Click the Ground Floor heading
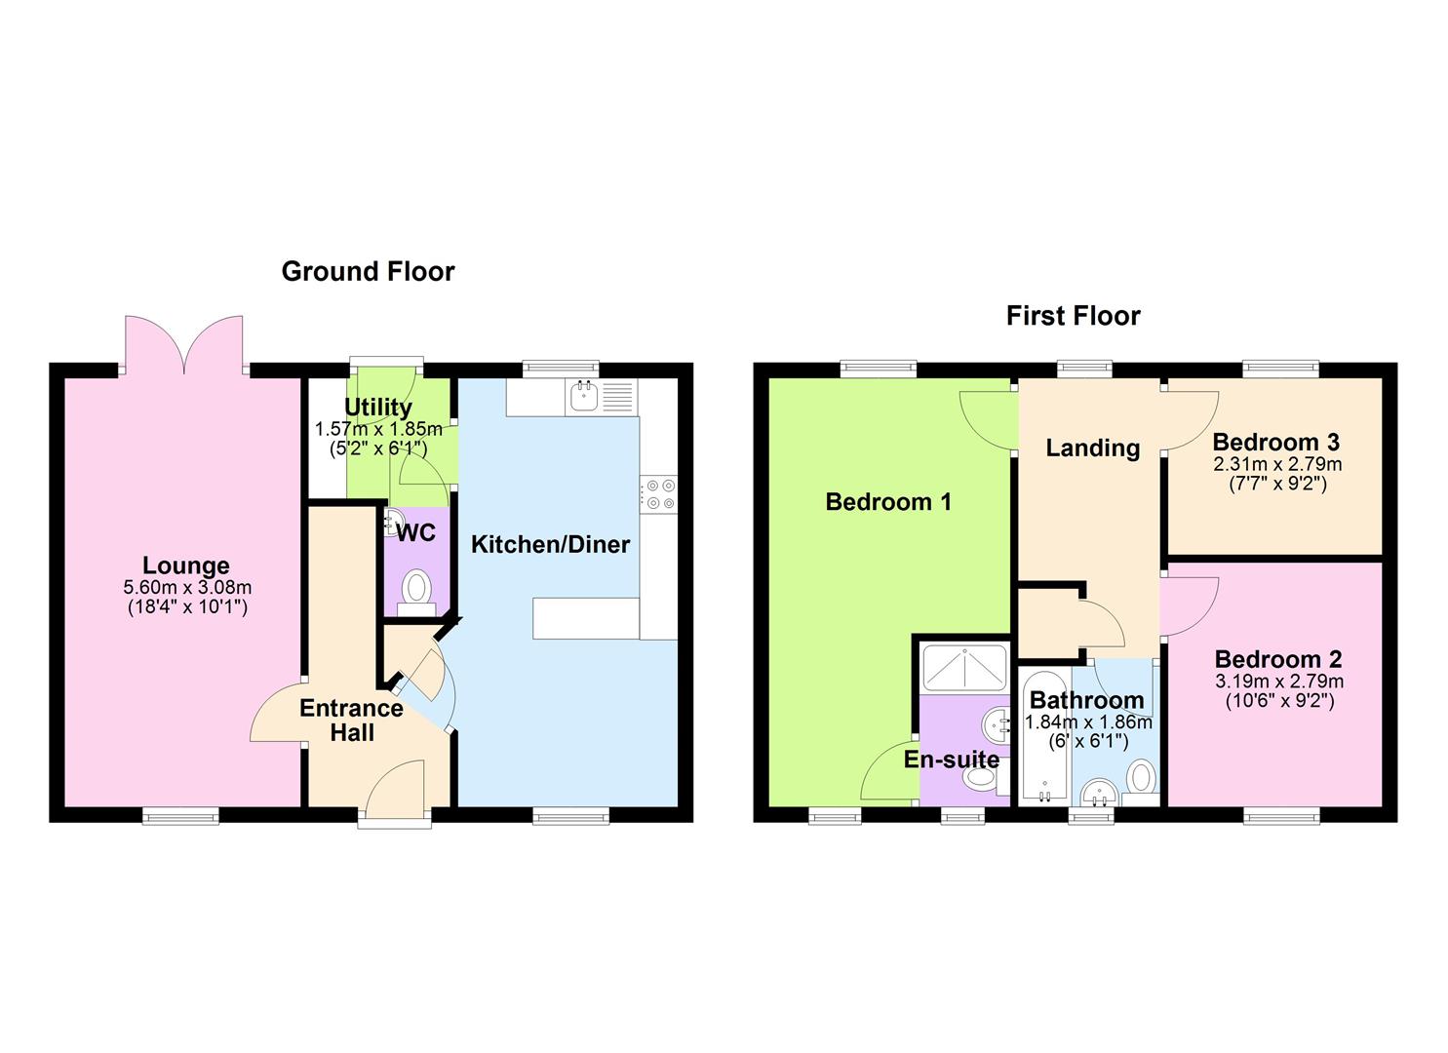pyautogui.click(x=368, y=272)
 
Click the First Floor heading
pyautogui.click(x=1073, y=317)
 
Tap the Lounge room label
pyautogui.click(x=186, y=565)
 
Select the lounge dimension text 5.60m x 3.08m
pyautogui.click(x=187, y=588)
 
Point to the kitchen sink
pyautogui.click(x=584, y=396)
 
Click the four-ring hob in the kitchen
pyautogui.click(x=659, y=494)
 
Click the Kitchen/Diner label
pyautogui.click(x=550, y=545)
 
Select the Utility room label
pyautogui.click(x=378, y=408)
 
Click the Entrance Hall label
pyautogui.click(x=352, y=721)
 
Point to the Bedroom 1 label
pyautogui.click(x=888, y=502)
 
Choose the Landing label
pyautogui.click(x=1092, y=448)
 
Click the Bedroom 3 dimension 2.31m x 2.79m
pyautogui.click(x=1277, y=464)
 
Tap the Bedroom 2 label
pyautogui.click(x=1278, y=659)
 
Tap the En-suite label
pyautogui.click(x=951, y=760)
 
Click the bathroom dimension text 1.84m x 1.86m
pyautogui.click(x=1088, y=722)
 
